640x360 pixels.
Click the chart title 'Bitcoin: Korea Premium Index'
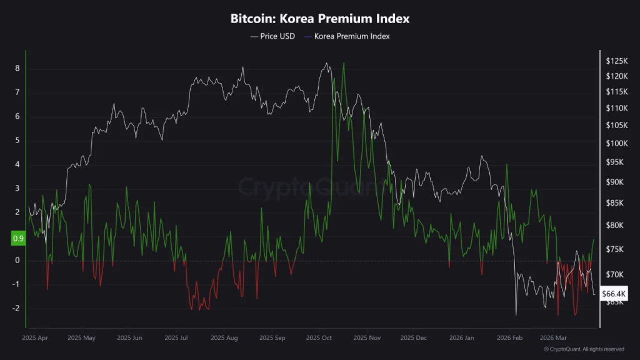(320, 19)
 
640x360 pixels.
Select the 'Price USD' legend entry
(272, 36)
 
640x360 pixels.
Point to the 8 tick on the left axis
(17, 68)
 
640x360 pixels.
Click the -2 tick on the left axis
(16, 309)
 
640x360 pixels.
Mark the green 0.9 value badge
(17, 239)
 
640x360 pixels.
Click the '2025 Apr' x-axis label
(34, 337)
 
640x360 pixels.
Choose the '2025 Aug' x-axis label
(224, 337)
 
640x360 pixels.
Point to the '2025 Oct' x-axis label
(319, 337)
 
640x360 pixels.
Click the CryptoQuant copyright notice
(583, 349)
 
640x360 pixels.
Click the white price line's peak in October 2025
(326, 63)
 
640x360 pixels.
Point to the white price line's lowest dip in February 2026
(516, 314)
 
